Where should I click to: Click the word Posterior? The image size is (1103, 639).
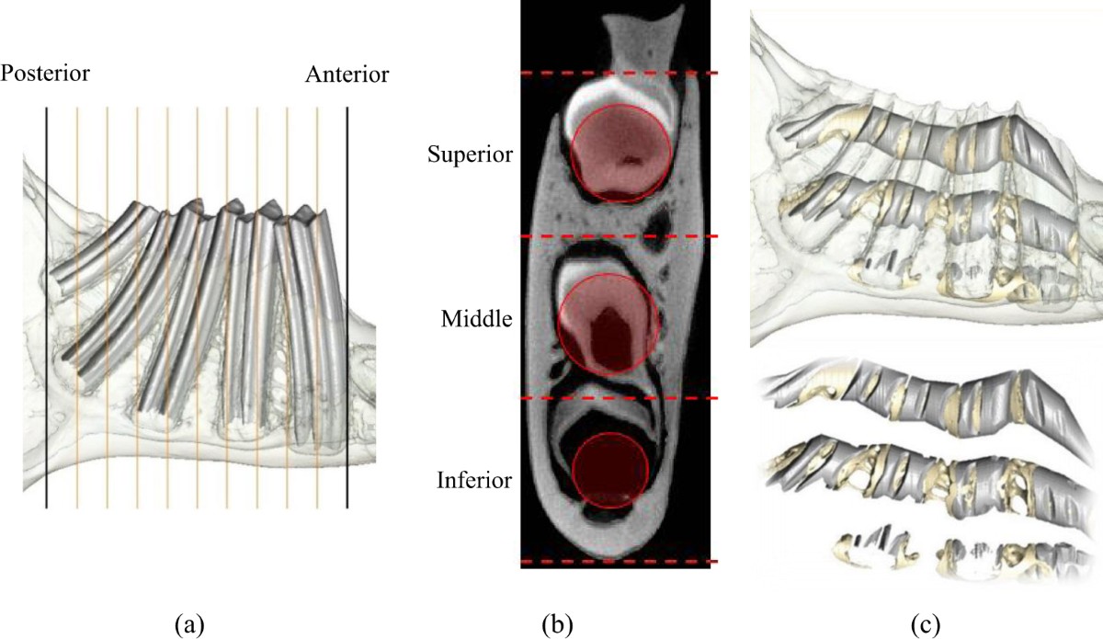[x=45, y=73]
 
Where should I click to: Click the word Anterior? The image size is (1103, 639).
[x=347, y=73]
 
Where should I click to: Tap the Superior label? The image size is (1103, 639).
[x=469, y=154]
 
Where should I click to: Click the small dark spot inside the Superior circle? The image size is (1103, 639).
[x=631, y=160]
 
